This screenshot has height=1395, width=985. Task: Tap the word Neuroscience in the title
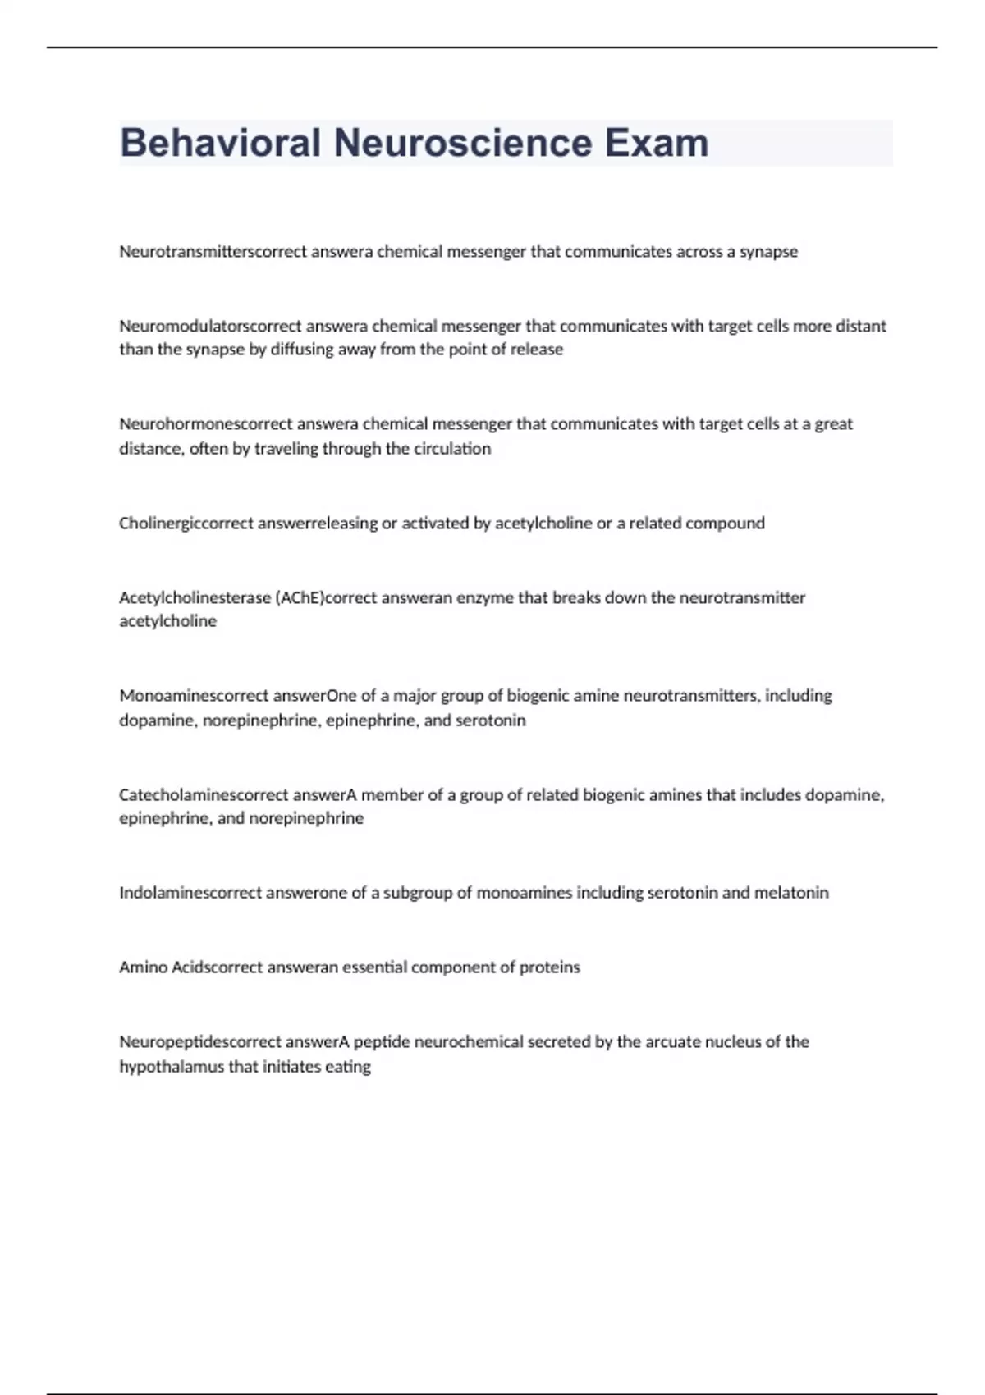tap(462, 143)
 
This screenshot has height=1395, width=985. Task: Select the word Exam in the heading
tap(657, 143)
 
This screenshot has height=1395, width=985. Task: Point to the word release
tap(538, 350)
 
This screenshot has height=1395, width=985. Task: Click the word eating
tap(350, 1067)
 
